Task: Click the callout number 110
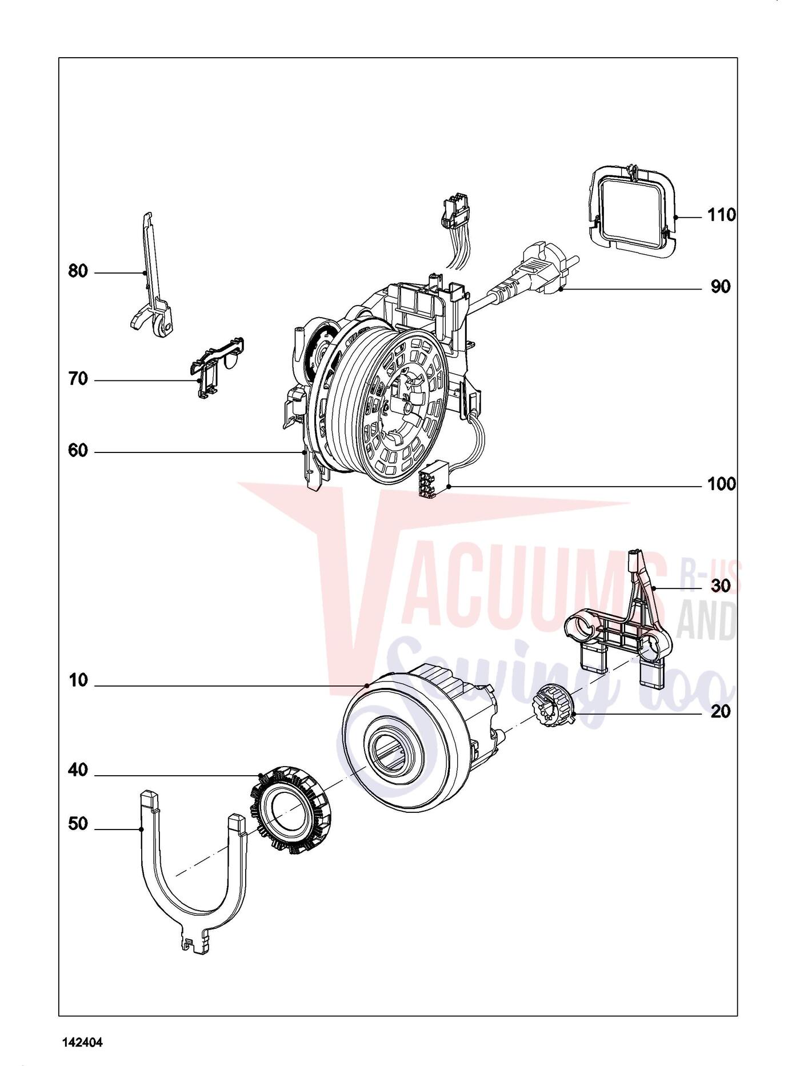point(722,215)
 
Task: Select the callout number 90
point(721,287)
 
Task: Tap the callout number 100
point(722,484)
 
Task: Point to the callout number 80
point(78,271)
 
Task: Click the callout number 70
point(78,379)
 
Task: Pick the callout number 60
point(78,451)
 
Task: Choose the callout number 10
point(78,681)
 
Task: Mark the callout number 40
point(78,771)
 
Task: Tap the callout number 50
point(78,824)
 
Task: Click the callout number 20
point(721,712)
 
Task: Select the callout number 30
point(721,586)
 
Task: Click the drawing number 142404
point(82,1043)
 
